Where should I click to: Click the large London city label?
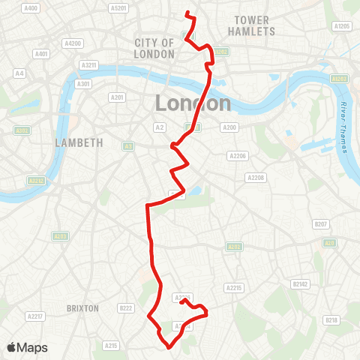(x=192, y=103)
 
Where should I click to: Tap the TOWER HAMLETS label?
(x=251, y=25)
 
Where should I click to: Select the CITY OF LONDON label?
(x=154, y=49)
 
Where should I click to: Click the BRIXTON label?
(x=82, y=308)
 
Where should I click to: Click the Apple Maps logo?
(x=26, y=347)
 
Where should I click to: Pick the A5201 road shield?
(x=118, y=8)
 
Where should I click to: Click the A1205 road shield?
(x=342, y=26)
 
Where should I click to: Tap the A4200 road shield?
(x=73, y=43)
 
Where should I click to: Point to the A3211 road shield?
(x=88, y=65)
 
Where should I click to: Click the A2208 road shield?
(x=256, y=178)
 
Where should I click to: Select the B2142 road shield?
(x=300, y=284)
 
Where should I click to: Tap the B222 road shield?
(x=125, y=308)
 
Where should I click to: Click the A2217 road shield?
(x=34, y=318)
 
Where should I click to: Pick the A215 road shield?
(x=111, y=345)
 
